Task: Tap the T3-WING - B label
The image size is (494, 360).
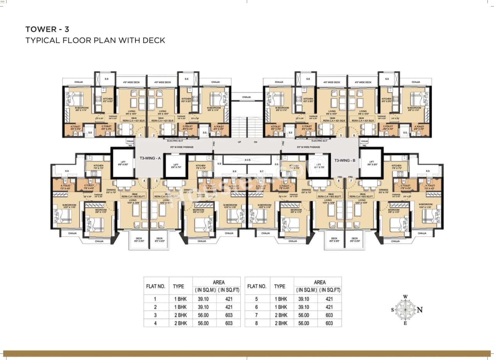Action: coord(345,160)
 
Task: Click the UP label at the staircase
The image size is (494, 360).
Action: coord(240,142)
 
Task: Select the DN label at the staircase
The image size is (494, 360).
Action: coord(255,142)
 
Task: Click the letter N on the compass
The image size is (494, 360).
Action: coord(420,309)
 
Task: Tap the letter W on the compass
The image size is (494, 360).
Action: coord(405,297)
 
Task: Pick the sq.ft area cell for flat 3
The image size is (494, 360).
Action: coord(228,315)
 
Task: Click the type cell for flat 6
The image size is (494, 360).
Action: coord(282,307)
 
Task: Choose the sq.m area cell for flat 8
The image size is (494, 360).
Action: coord(305,323)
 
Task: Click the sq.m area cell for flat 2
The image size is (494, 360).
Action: coord(204,307)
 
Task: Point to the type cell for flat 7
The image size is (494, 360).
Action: coord(282,315)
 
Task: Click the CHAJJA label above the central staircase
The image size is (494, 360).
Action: coord(247,98)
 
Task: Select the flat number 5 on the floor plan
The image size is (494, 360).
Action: coord(341,135)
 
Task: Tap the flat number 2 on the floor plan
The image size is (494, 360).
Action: coord(153,135)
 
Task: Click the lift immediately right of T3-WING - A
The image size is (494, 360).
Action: coord(176,166)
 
